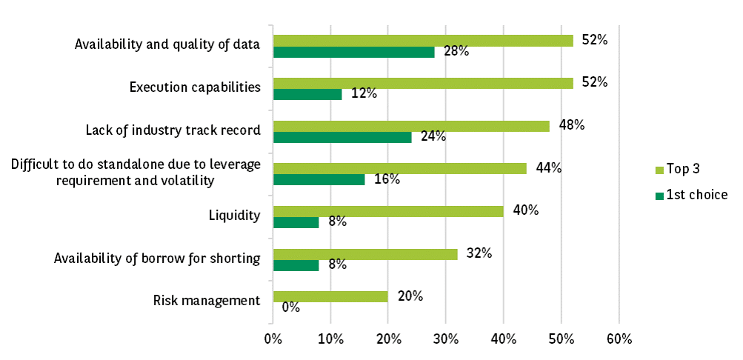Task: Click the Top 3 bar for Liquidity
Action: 388,211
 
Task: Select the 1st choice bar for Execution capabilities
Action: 307,94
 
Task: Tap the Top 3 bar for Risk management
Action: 330,296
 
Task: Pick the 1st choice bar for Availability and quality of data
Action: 353,52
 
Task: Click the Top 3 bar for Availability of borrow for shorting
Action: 365,254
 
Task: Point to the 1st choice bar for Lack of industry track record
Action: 342,137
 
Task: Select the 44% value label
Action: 548,168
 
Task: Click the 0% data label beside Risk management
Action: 290,307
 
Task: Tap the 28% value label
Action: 456,51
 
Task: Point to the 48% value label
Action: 571,125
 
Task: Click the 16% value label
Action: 387,179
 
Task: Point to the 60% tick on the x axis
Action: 619,339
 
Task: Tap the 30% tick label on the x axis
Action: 446,339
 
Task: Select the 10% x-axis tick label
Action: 330,339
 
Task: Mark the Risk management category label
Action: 207,301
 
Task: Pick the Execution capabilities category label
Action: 195,87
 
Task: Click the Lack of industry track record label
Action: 173,130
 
